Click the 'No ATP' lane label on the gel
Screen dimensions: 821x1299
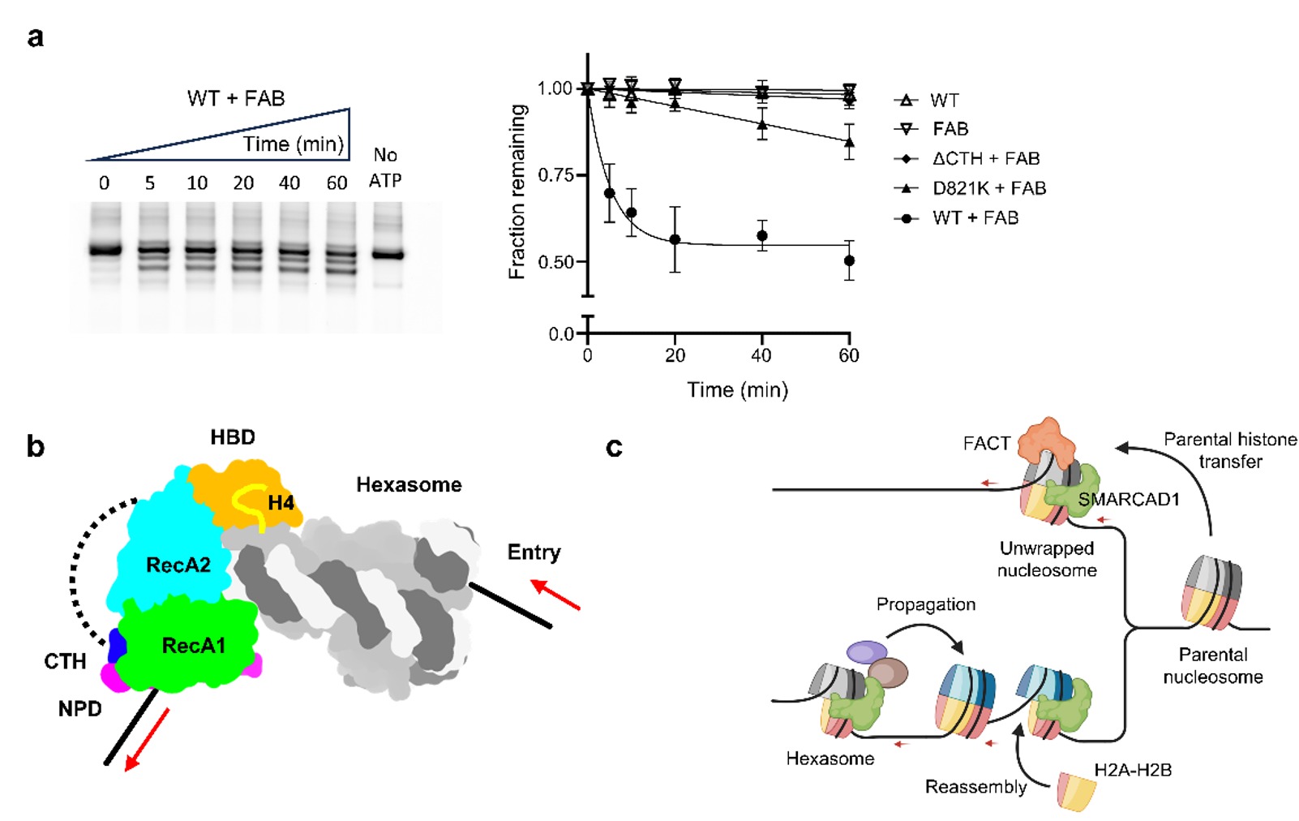coord(385,167)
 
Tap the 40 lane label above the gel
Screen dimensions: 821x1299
coord(289,183)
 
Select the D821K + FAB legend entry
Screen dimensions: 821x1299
coord(988,188)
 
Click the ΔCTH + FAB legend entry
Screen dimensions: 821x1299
coord(985,158)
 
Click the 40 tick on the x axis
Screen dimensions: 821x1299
coord(761,355)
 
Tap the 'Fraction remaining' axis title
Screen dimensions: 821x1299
coord(517,191)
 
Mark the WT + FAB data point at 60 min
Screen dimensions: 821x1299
coord(849,260)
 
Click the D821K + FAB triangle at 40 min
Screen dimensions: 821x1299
coord(761,126)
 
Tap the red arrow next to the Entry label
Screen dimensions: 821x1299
coord(556,595)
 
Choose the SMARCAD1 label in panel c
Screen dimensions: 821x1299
coord(1128,500)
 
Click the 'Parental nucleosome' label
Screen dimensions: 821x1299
coord(1212,665)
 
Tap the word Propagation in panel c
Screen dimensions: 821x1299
coord(925,604)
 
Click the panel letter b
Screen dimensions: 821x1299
coord(36,447)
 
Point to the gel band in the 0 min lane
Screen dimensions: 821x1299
coord(105,250)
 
